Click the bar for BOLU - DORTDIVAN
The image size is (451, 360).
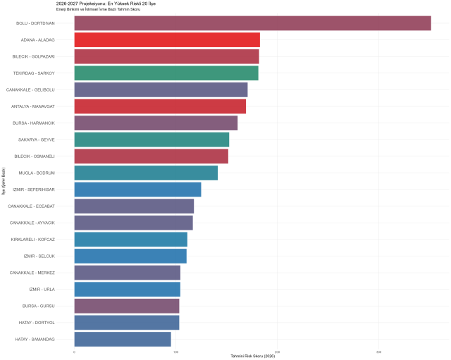coord(252,23)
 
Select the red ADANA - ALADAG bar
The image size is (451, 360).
coord(167,39)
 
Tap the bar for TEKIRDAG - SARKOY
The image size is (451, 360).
coord(166,73)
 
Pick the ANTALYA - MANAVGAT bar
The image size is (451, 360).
coord(160,106)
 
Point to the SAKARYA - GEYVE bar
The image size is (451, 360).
coord(152,139)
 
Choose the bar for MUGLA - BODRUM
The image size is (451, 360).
coord(146,173)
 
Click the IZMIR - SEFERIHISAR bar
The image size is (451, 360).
coord(137,190)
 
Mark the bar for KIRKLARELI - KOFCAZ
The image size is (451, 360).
coord(130,240)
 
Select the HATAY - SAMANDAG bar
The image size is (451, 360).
coord(123,340)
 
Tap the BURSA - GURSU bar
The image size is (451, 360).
coord(127,306)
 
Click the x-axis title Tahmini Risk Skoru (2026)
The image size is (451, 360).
coord(252,356)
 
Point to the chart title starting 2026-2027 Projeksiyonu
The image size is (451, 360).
coord(106,4)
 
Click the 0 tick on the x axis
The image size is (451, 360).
coord(75,351)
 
